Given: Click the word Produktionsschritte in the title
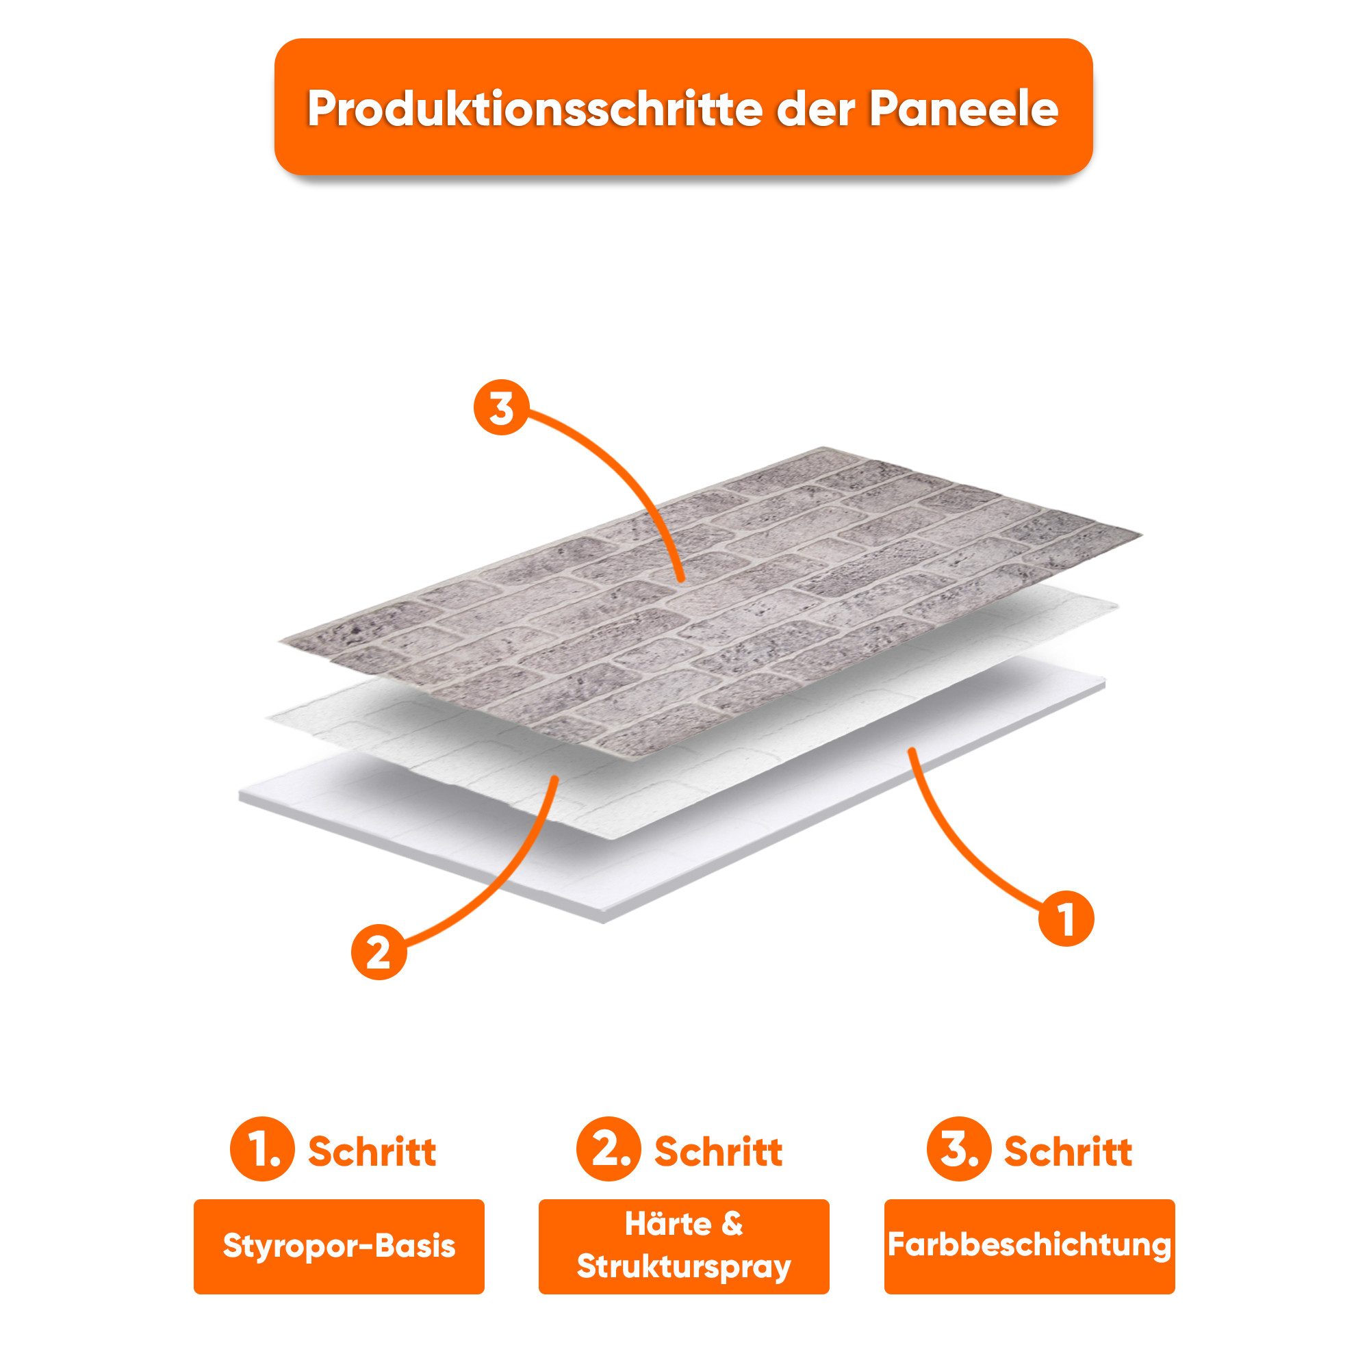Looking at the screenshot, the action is click(x=532, y=107).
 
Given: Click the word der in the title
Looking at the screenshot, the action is click(x=814, y=107).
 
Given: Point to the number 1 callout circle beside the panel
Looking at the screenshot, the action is click(x=1066, y=919).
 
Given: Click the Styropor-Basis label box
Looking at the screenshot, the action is click(x=339, y=1246).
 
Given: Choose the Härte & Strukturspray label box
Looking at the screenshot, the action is click(x=684, y=1246).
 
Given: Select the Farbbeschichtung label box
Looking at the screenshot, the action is click(x=1029, y=1246).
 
